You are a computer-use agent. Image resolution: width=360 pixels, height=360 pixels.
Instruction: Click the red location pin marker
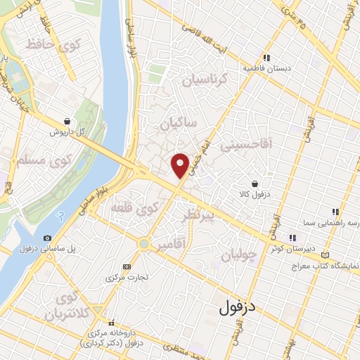point(181,165)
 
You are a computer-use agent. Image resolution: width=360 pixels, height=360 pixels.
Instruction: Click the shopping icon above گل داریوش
point(66,121)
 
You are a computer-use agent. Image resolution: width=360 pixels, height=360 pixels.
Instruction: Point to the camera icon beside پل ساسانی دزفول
point(47,238)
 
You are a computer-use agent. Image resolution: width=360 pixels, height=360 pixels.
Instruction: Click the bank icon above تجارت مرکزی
point(127,266)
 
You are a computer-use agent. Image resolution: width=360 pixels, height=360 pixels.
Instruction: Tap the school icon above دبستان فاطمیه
point(266,58)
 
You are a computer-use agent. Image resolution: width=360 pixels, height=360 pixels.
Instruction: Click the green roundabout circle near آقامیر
point(144,244)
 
